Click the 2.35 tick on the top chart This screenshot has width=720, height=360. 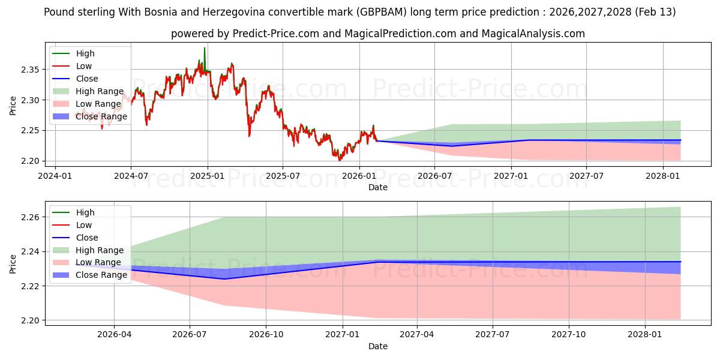point(30,70)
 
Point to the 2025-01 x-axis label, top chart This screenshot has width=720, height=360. point(207,176)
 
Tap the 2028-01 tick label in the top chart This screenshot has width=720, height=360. point(663,176)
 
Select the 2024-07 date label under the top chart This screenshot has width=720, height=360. point(131,176)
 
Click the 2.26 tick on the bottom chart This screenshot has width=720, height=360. point(30,217)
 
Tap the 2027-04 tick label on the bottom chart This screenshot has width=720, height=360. point(417,335)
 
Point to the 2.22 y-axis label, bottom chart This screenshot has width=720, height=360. point(30,286)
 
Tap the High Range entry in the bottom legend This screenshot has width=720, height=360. point(100,250)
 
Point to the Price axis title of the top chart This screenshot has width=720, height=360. point(13,106)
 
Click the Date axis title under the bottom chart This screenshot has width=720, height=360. point(378,346)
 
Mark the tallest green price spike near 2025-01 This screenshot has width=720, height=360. point(204,49)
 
